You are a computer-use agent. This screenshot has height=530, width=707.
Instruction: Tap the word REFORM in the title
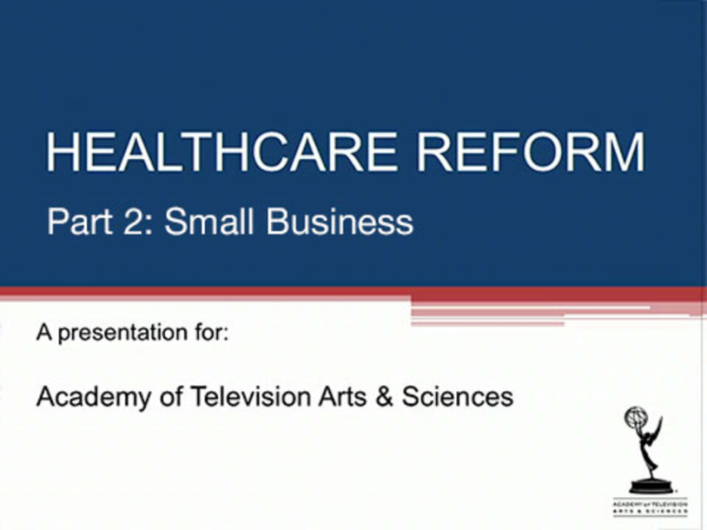(x=530, y=152)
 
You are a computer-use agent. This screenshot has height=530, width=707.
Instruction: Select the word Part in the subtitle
(x=80, y=222)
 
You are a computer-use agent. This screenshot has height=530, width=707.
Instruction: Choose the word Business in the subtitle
(x=340, y=221)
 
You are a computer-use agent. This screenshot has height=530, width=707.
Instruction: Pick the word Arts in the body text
(x=342, y=397)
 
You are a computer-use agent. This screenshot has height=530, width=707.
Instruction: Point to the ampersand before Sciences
(x=384, y=397)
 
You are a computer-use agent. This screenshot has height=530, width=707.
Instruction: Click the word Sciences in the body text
(x=458, y=397)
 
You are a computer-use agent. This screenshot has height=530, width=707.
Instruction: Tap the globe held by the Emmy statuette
(x=635, y=417)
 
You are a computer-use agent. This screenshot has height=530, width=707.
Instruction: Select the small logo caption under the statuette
(x=650, y=507)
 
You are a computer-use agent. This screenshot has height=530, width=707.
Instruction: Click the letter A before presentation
(x=44, y=333)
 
